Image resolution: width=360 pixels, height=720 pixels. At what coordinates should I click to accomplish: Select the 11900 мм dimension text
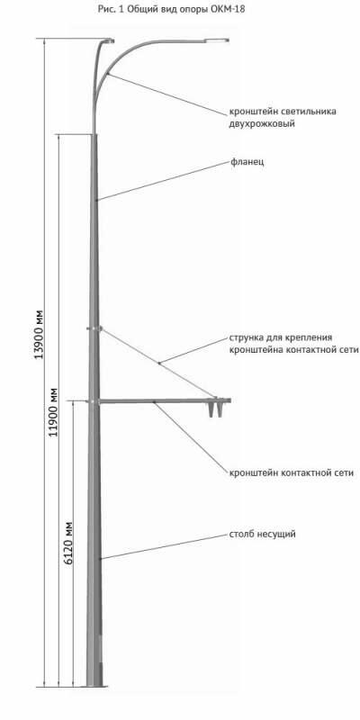tap(54, 412)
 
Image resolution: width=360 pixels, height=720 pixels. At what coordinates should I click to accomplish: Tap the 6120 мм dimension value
tap(68, 543)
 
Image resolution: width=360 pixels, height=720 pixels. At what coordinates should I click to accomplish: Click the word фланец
tap(247, 162)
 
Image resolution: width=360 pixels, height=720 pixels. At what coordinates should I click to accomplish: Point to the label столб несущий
tap(263, 535)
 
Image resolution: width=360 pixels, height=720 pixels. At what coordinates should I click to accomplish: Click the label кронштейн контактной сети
tap(292, 472)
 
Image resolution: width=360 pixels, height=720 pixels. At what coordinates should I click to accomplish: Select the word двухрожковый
tap(262, 124)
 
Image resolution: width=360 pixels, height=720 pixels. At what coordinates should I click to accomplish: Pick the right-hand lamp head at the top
tap(217, 40)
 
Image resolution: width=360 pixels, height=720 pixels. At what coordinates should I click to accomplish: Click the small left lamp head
tap(109, 40)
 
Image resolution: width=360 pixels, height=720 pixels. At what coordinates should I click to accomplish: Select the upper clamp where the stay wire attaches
tap(94, 328)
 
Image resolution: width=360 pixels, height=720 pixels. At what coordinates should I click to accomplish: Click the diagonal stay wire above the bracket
tap(157, 363)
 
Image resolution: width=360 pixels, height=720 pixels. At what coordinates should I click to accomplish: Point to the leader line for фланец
tap(163, 181)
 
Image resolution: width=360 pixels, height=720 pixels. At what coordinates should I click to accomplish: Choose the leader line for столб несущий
tap(164, 547)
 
